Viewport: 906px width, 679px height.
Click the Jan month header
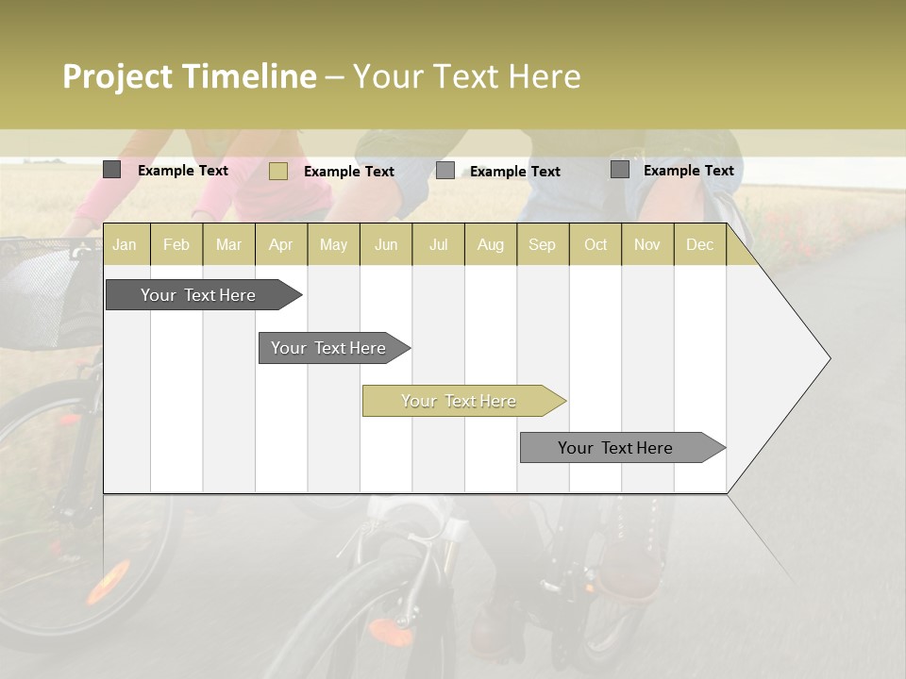click(125, 245)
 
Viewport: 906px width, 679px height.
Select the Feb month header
click(176, 245)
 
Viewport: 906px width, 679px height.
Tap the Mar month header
click(228, 245)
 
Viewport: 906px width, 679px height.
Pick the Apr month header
click(281, 245)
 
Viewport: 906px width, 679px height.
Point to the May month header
click(333, 245)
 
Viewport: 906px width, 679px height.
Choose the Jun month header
click(386, 245)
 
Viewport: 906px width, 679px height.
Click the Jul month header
click(438, 245)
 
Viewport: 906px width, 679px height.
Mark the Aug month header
click(491, 245)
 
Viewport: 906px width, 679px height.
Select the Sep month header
click(542, 245)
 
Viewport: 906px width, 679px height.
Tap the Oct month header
click(596, 245)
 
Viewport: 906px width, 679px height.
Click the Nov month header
click(647, 245)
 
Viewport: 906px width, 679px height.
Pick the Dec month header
click(699, 245)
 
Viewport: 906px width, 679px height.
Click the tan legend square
click(277, 171)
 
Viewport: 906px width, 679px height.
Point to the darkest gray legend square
click(111, 170)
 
